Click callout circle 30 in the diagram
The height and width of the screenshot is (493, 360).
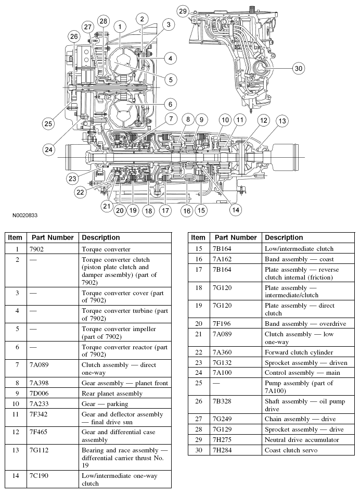[x=298, y=68]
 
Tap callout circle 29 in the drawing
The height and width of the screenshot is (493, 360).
[x=183, y=11]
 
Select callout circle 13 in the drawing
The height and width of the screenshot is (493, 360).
[x=281, y=121]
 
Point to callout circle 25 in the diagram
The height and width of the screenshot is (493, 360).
[x=48, y=124]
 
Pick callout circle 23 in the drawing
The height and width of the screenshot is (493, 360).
[x=72, y=178]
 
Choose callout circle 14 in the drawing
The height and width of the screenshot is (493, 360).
[x=236, y=210]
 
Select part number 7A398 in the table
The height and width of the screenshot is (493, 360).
[x=41, y=383]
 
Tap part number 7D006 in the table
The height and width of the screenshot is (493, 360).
[x=41, y=394]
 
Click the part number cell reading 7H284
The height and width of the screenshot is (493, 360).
[x=223, y=450]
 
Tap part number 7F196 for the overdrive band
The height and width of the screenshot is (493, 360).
[x=223, y=324]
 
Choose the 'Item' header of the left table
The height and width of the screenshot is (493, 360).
[x=15, y=237]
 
